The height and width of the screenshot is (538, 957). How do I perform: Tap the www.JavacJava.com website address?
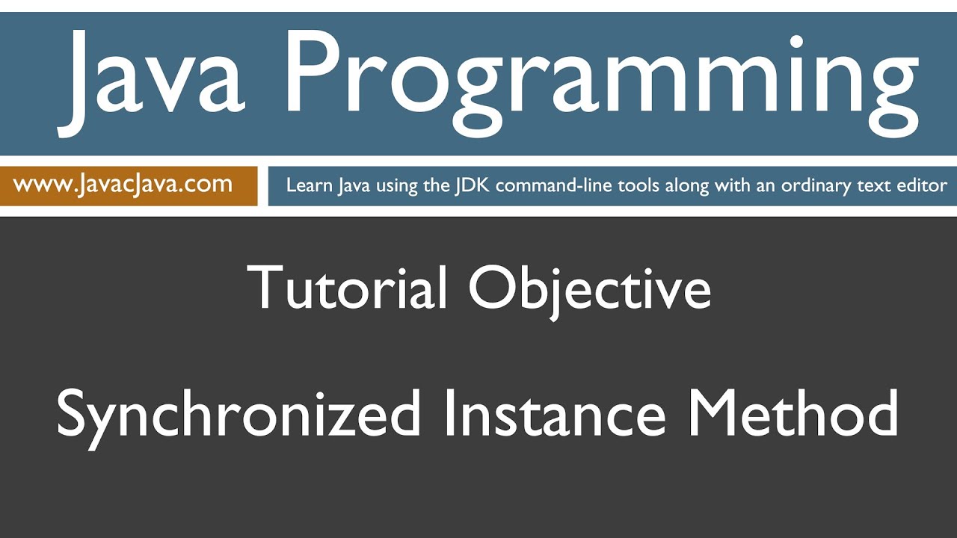coord(123,184)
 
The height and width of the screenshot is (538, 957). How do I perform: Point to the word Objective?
coord(590,288)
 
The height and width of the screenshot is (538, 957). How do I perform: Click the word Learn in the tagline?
coord(309,185)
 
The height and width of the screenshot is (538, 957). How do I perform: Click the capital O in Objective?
coord(493,287)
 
